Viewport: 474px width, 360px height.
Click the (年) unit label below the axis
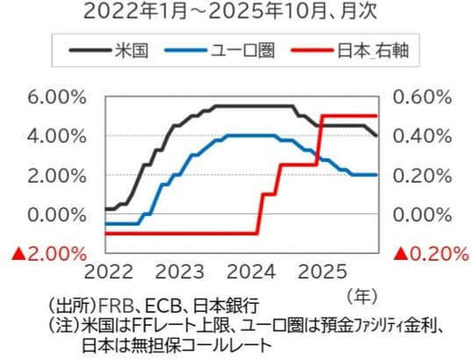pyautogui.click(x=362, y=292)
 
